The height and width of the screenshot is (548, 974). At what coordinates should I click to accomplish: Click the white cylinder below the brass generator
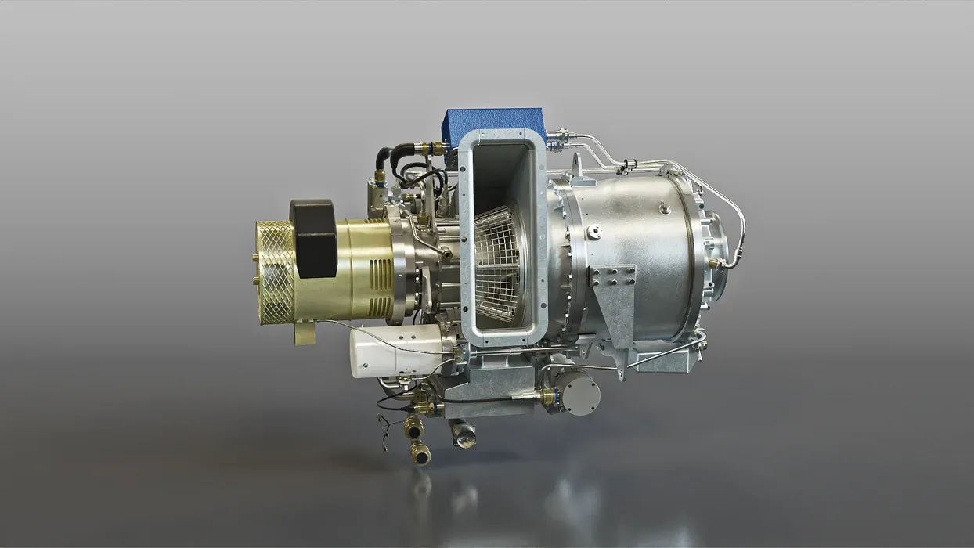395,352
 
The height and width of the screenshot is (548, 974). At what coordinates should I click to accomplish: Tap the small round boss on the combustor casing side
594,231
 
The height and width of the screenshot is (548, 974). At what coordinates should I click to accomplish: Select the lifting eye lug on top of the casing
578,165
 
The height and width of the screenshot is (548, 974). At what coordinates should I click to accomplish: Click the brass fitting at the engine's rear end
714,263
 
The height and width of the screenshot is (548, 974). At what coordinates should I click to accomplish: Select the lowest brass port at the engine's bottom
420,452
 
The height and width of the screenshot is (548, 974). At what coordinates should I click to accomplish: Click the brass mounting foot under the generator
305,332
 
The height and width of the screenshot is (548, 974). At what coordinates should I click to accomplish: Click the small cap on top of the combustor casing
665,207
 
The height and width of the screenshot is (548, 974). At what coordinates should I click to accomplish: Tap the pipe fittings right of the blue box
561,140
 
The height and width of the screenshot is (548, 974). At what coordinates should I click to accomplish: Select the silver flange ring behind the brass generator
400,270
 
